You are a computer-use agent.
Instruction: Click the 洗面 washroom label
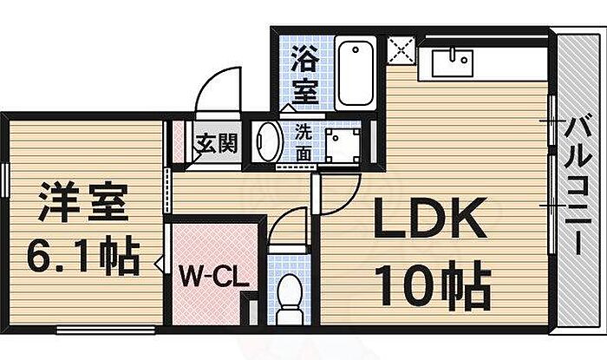[303, 142]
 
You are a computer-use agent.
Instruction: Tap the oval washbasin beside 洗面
[268, 141]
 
